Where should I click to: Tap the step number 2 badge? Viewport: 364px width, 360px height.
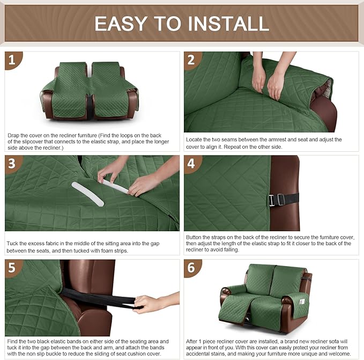tap(192, 60)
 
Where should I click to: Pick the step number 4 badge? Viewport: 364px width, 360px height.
tap(192, 164)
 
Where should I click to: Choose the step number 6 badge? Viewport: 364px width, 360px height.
tap(192, 268)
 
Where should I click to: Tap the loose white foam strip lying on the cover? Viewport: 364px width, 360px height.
tap(87, 193)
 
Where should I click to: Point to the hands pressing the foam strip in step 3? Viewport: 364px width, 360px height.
tap(129, 177)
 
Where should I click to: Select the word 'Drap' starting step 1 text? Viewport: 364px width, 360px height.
tap(13, 135)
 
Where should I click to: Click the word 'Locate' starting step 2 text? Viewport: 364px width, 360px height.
tap(194, 139)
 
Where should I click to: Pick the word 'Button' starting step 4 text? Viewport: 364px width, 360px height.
tap(195, 237)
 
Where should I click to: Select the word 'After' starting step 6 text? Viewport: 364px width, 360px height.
tap(194, 341)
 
